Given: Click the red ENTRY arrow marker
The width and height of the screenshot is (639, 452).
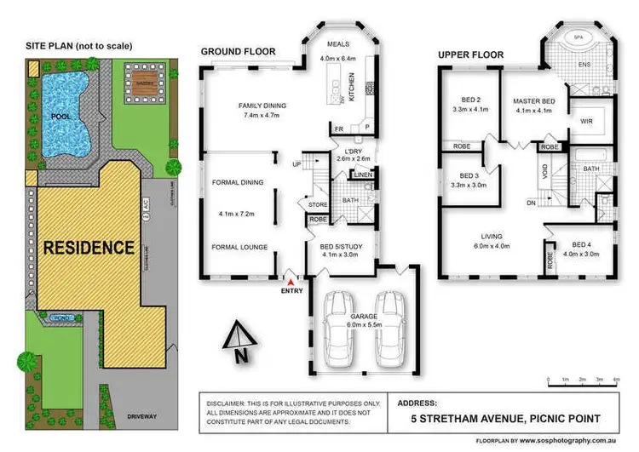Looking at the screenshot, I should pos(291,281).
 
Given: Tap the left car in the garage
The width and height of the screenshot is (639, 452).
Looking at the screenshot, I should pos(338,326).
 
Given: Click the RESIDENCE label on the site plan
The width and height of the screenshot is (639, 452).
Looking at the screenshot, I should pos(89,249).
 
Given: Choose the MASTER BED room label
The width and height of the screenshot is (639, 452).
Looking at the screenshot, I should pos(533,102).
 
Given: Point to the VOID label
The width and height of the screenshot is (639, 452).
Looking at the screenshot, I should pos(545,170).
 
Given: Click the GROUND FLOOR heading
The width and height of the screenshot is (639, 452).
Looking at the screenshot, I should pos(238,52).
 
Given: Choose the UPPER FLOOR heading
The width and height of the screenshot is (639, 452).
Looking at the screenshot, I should pos(470,54).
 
